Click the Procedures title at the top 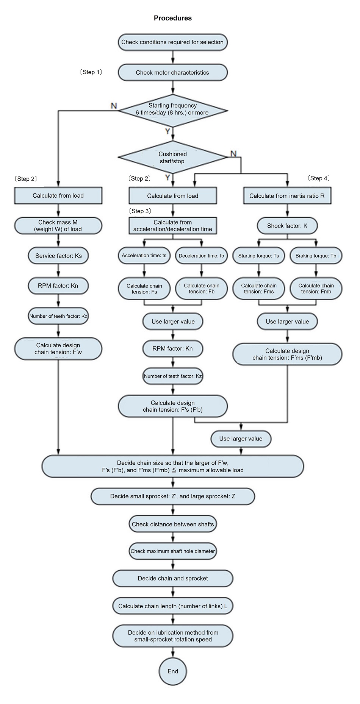tap(172, 18)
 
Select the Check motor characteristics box tap(172, 72)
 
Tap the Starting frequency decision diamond tap(172, 109)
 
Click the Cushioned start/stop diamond tap(172, 158)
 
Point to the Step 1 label tap(91, 72)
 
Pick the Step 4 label tap(319, 178)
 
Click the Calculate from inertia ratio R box tap(287, 196)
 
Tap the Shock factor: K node tap(287, 226)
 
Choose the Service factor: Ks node tap(58, 256)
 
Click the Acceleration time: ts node tap(144, 256)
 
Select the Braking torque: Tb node tap(316, 256)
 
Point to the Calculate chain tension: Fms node tap(259, 289)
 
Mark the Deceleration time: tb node tap(201, 256)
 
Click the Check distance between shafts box tap(173, 524)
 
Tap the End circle tap(173, 671)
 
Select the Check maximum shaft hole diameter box tap(173, 551)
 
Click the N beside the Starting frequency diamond tap(114, 106)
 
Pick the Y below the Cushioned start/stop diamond tap(167, 177)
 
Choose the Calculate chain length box tap(173, 606)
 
